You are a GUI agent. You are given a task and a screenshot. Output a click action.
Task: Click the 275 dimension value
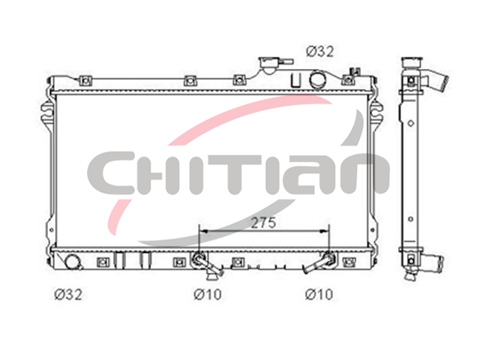(263, 223)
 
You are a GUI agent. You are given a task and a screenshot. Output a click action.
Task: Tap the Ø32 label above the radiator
(320, 52)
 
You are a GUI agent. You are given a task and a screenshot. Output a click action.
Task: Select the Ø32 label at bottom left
(68, 295)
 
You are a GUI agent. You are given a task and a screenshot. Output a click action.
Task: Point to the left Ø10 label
(208, 295)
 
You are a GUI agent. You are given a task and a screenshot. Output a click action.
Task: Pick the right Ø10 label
(319, 295)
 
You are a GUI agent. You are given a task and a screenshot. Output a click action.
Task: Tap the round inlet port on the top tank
(317, 79)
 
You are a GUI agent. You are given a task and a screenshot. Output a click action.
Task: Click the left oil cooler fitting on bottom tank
(205, 264)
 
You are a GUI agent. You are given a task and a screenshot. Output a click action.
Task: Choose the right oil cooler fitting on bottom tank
(320, 262)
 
